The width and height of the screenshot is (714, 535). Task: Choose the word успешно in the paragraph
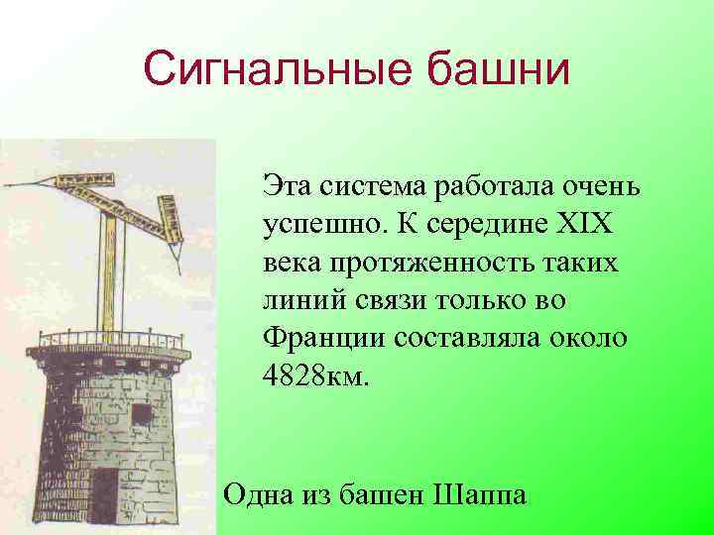323,225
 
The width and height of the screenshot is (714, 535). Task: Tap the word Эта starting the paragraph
287,185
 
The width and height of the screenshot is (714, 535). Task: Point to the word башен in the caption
381,492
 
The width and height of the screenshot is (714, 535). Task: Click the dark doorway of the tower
106,495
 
